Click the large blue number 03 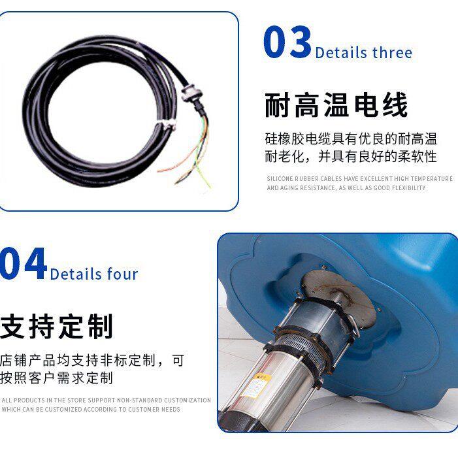[x=287, y=41]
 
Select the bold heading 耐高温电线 [x=336, y=105]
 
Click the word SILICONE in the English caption [x=280, y=179]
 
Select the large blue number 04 [x=24, y=263]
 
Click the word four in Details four [x=123, y=274]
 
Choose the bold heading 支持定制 [x=57, y=326]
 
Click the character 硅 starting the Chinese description [x=271, y=139]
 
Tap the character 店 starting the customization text [x=6, y=360]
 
